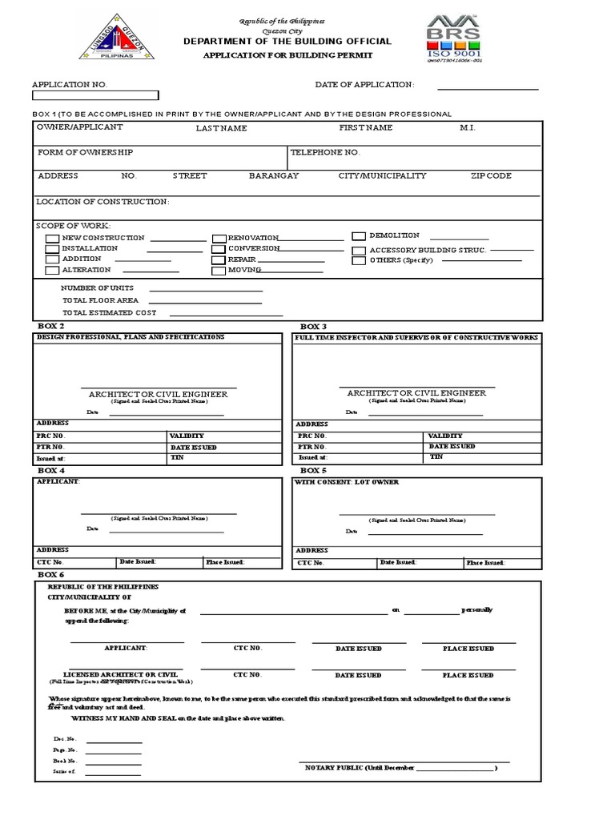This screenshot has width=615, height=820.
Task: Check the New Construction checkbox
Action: tap(52, 239)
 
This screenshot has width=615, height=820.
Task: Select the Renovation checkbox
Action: tap(219, 239)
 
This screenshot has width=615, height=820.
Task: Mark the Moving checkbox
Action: tap(219, 271)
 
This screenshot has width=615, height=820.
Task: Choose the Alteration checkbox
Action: tap(52, 271)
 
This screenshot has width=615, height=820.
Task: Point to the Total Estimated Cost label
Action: tap(110, 313)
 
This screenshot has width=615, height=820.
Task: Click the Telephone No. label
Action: tap(325, 152)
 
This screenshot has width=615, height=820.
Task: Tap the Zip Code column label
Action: tap(491, 176)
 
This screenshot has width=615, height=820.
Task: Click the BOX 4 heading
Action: tap(51, 471)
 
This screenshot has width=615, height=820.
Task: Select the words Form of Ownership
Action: tap(86, 152)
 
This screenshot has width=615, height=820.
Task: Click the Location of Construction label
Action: tap(103, 202)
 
